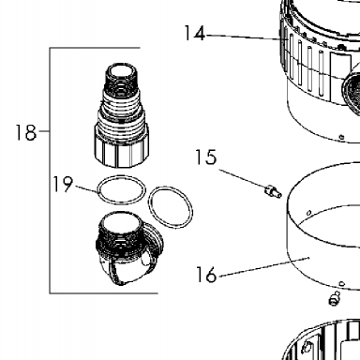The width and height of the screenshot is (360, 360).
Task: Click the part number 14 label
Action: (x=194, y=34)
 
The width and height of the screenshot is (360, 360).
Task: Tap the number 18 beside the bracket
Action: (x=26, y=132)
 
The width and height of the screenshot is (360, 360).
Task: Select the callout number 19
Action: (x=63, y=185)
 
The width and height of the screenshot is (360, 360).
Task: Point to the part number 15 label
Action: (x=205, y=157)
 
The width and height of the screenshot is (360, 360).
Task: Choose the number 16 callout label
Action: (x=206, y=275)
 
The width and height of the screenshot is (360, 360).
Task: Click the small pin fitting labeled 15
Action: (x=273, y=191)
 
